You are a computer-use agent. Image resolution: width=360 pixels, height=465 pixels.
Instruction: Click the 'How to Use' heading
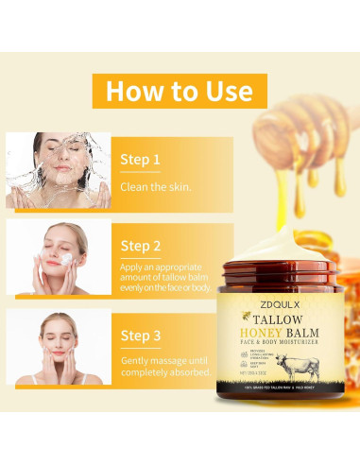[179, 92]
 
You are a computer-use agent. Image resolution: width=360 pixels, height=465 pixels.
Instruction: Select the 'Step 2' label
[142, 246]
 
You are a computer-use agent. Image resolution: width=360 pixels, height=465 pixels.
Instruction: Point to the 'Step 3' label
[142, 335]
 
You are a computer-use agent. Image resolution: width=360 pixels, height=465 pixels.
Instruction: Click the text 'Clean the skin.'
[155, 186]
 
